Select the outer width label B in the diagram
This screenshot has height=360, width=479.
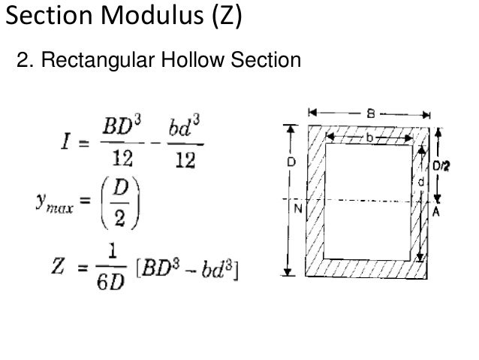tap(371, 113)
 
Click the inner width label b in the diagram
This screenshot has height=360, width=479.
tap(370, 138)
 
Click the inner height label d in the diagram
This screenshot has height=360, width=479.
tap(420, 181)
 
